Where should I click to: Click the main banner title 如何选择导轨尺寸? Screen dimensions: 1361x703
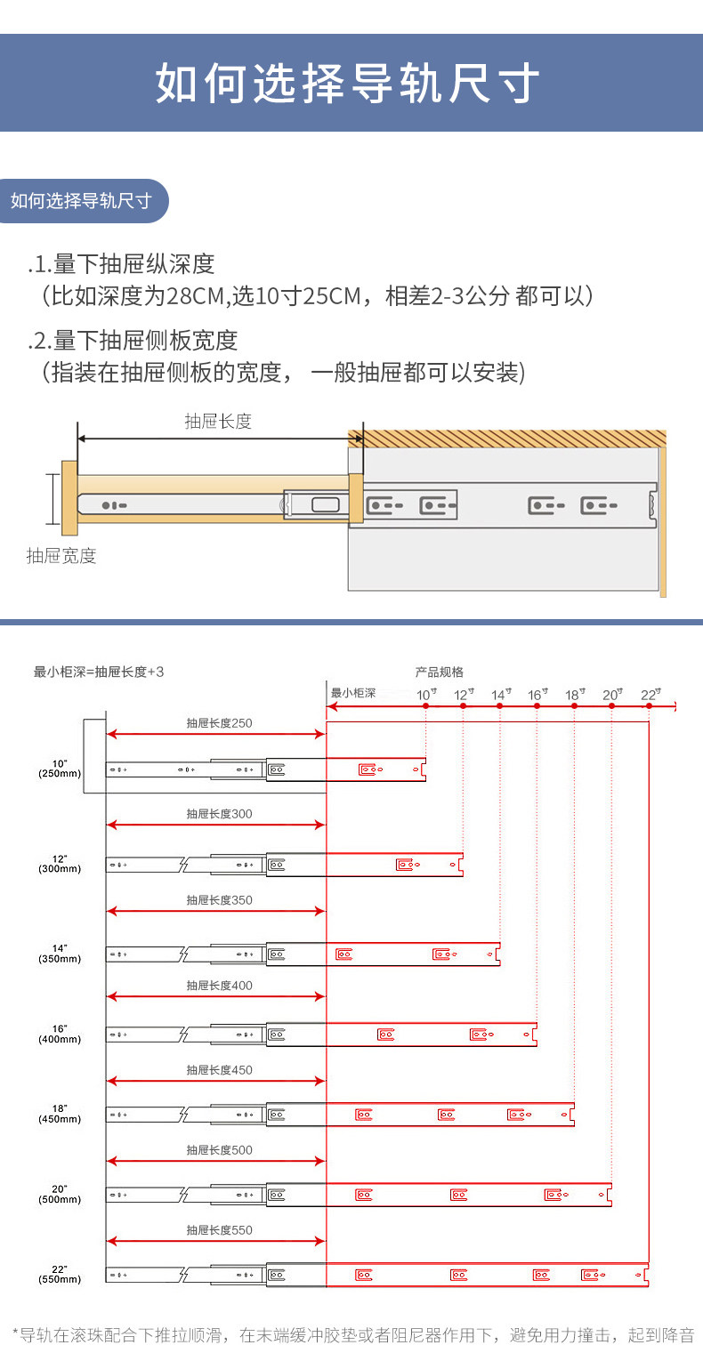click(348, 85)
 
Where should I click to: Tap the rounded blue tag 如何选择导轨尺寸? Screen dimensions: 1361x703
click(81, 200)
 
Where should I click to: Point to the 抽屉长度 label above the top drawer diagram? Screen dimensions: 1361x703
click(218, 421)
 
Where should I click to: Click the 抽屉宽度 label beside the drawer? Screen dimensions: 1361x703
click(61, 556)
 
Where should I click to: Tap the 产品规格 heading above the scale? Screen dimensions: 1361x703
click(439, 672)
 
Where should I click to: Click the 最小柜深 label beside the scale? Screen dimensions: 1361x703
click(353, 693)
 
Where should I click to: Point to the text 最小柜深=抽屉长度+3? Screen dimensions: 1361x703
click(99, 672)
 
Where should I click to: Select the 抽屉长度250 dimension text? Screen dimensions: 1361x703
click(219, 723)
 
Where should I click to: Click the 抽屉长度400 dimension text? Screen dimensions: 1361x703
click(219, 986)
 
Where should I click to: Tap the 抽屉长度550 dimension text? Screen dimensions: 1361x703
click(219, 1230)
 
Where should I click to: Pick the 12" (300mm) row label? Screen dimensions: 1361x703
click(60, 864)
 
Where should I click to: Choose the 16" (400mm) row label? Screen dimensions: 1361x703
click(60, 1034)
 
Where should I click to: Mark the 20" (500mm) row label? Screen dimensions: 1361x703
click(60, 1194)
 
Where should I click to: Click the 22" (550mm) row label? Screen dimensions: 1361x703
click(60, 1274)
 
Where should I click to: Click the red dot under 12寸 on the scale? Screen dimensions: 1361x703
click(463, 705)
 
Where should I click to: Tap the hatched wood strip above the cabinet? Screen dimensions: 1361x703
click(507, 439)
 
